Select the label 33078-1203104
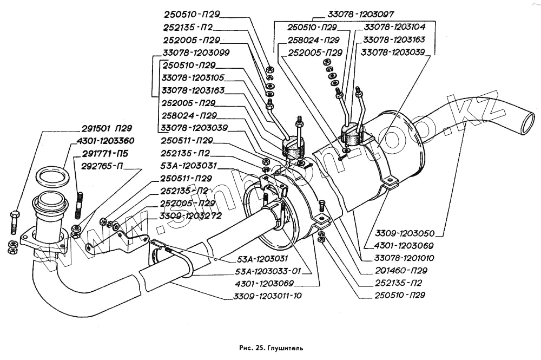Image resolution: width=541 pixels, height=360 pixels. [x=394, y=27]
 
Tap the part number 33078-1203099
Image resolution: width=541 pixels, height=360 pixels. [x=196, y=53]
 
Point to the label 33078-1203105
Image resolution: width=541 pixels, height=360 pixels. [x=193, y=77]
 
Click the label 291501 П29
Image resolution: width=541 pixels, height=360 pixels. [x=107, y=128]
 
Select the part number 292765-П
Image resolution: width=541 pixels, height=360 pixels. [x=102, y=166]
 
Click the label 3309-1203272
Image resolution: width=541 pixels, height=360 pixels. [x=190, y=216]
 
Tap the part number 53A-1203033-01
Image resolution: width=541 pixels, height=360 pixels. [x=268, y=271]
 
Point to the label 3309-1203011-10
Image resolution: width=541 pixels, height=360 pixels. [x=267, y=296]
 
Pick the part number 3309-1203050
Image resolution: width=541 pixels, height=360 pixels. [x=405, y=233]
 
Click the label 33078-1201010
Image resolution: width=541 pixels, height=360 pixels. [x=404, y=258]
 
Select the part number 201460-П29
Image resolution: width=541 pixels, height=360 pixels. [x=401, y=271]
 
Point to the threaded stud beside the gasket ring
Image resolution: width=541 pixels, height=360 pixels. [x=79, y=205]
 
